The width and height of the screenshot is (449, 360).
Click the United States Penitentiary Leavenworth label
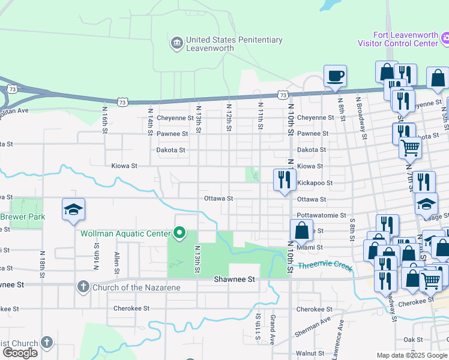[x=234, y=44]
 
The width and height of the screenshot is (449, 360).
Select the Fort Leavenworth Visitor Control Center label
[x=398, y=39]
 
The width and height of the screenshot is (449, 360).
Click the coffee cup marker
[x=335, y=77]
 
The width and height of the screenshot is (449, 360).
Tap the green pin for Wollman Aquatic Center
[x=179, y=232]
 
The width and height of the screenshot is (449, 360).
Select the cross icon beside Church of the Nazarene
[x=83, y=287]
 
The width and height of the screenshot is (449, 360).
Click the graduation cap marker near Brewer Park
[x=73, y=210]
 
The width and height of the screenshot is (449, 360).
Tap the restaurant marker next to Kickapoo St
[x=285, y=180]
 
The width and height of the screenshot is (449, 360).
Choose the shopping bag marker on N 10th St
[x=301, y=230]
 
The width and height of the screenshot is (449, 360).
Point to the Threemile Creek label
[x=325, y=266]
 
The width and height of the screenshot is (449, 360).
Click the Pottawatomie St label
[x=321, y=215]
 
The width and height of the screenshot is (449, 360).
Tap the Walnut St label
[x=310, y=353]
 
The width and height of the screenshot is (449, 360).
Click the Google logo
[x=20, y=353]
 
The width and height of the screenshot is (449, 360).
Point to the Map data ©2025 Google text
[x=412, y=355]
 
